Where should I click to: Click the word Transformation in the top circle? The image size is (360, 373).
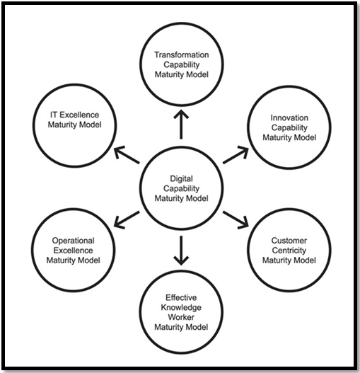coord(182,54)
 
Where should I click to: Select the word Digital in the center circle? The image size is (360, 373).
coord(181,178)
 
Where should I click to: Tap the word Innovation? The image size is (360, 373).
coord(289,117)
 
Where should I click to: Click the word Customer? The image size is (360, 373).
coord(289,241)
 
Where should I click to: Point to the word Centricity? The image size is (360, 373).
coord(289,251)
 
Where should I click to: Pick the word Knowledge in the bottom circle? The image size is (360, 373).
coord(181,307)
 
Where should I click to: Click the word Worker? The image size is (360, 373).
coord(181,317)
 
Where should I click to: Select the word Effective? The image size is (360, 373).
coord(181,297)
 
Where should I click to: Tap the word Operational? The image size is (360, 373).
coord(74,241)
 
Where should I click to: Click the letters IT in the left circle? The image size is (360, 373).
coord(54,115)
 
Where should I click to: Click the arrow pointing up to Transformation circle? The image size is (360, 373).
coord(181,124)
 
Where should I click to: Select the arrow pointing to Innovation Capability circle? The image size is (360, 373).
coord(236,155)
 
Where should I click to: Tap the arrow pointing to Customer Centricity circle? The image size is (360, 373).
coord(236,220)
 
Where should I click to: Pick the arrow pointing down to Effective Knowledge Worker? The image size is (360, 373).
coord(181,251)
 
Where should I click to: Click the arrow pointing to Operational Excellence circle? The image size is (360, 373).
coord(127,220)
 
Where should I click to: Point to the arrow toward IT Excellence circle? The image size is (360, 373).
coord(127,155)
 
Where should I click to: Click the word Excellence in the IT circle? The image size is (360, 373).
coord(79,115)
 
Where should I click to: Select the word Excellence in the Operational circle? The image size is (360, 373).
coord(74,251)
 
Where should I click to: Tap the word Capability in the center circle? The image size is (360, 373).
coord(181,188)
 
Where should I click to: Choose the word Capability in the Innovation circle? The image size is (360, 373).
coord(289,127)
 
